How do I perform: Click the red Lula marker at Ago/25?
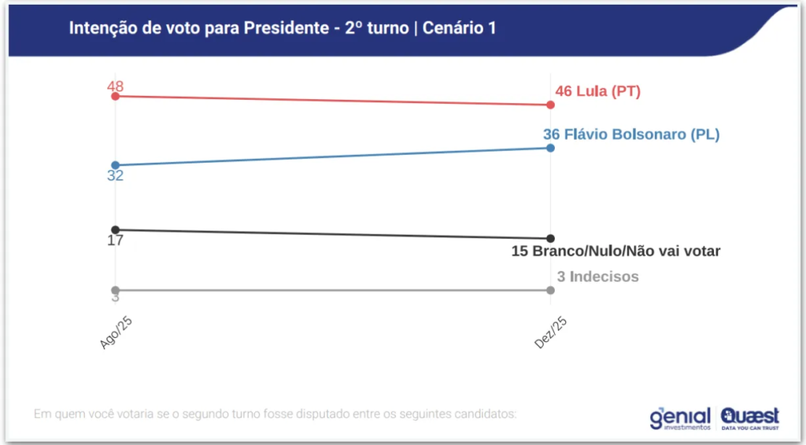(116, 96)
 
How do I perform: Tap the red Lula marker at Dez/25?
(550, 105)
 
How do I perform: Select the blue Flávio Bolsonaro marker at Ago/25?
(116, 165)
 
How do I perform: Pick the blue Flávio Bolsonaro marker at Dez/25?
(550, 148)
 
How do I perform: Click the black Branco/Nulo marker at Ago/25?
(116, 230)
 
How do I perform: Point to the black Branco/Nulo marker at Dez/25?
(550, 238)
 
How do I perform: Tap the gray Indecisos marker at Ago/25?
(116, 290)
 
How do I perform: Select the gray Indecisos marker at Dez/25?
(550, 290)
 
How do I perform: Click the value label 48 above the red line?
(116, 86)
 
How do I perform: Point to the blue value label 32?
(116, 176)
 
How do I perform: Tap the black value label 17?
(116, 241)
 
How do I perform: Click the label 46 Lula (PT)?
(597, 91)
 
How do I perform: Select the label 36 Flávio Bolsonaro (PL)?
(631, 134)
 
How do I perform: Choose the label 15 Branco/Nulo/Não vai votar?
(616, 252)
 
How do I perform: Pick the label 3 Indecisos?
(597, 277)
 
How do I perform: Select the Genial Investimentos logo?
(680, 417)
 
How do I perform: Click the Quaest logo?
(749, 417)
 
